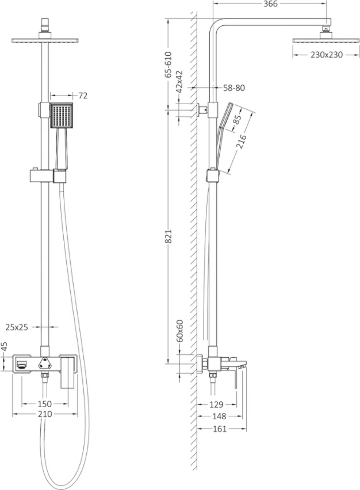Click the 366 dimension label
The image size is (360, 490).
(270, 4)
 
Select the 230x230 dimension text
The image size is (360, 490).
(327, 55)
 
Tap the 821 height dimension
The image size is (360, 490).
(168, 236)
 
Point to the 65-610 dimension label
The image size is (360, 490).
(168, 64)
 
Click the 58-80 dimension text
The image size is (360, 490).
(233, 88)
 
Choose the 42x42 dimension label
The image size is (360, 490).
(179, 82)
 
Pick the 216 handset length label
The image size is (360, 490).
(242, 141)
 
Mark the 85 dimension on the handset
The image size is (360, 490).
(238, 120)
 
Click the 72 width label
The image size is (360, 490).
(82, 95)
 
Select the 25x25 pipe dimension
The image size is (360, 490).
(17, 327)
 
